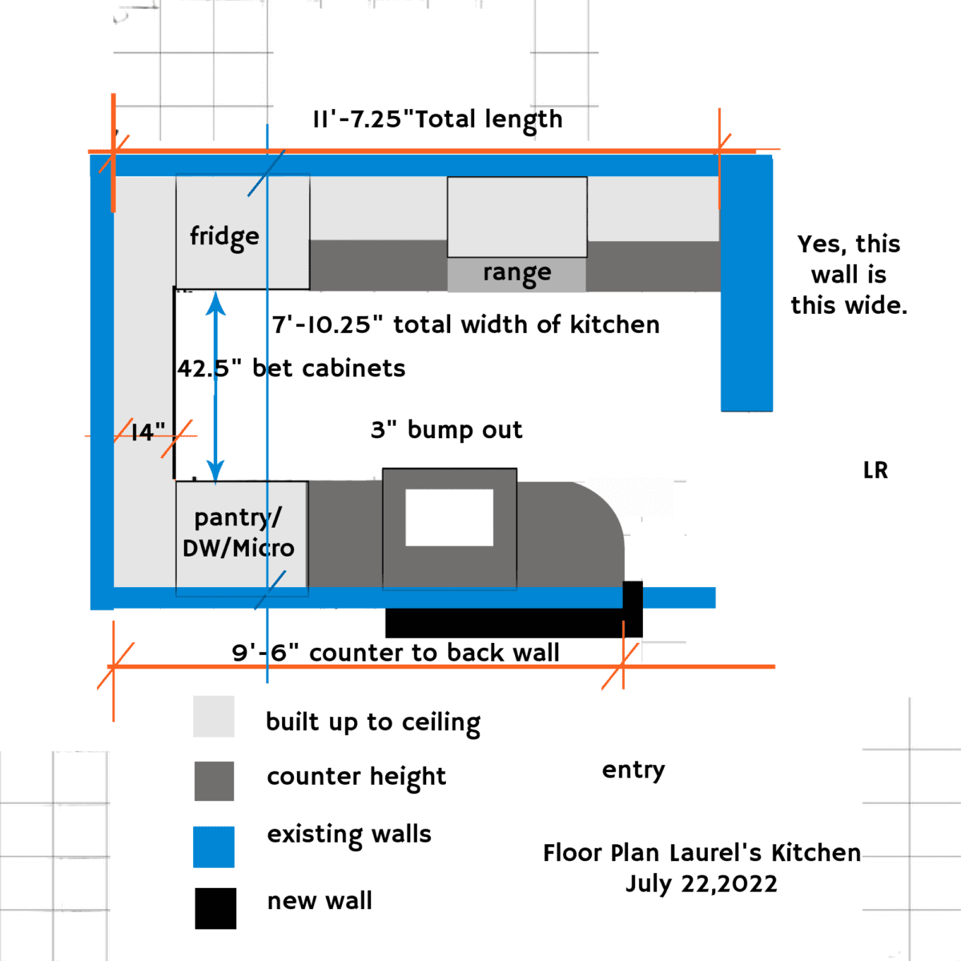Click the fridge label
click(x=224, y=237)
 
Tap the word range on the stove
click(x=517, y=273)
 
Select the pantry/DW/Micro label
click(x=239, y=533)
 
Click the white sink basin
click(x=449, y=517)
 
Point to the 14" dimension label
click(x=147, y=432)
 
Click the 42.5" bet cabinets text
click(x=292, y=368)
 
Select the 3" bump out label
click(x=446, y=430)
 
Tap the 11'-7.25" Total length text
click(x=437, y=120)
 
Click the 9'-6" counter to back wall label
click(x=396, y=653)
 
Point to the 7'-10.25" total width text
click(x=466, y=324)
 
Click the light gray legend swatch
click(x=214, y=716)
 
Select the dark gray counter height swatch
click(x=214, y=781)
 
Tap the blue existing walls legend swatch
click(x=214, y=846)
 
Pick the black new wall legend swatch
click(x=215, y=908)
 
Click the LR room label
click(x=875, y=470)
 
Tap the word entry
click(x=633, y=770)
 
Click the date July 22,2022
click(x=701, y=884)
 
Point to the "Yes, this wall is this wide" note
click(x=849, y=275)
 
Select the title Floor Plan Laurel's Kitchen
click(x=702, y=853)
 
